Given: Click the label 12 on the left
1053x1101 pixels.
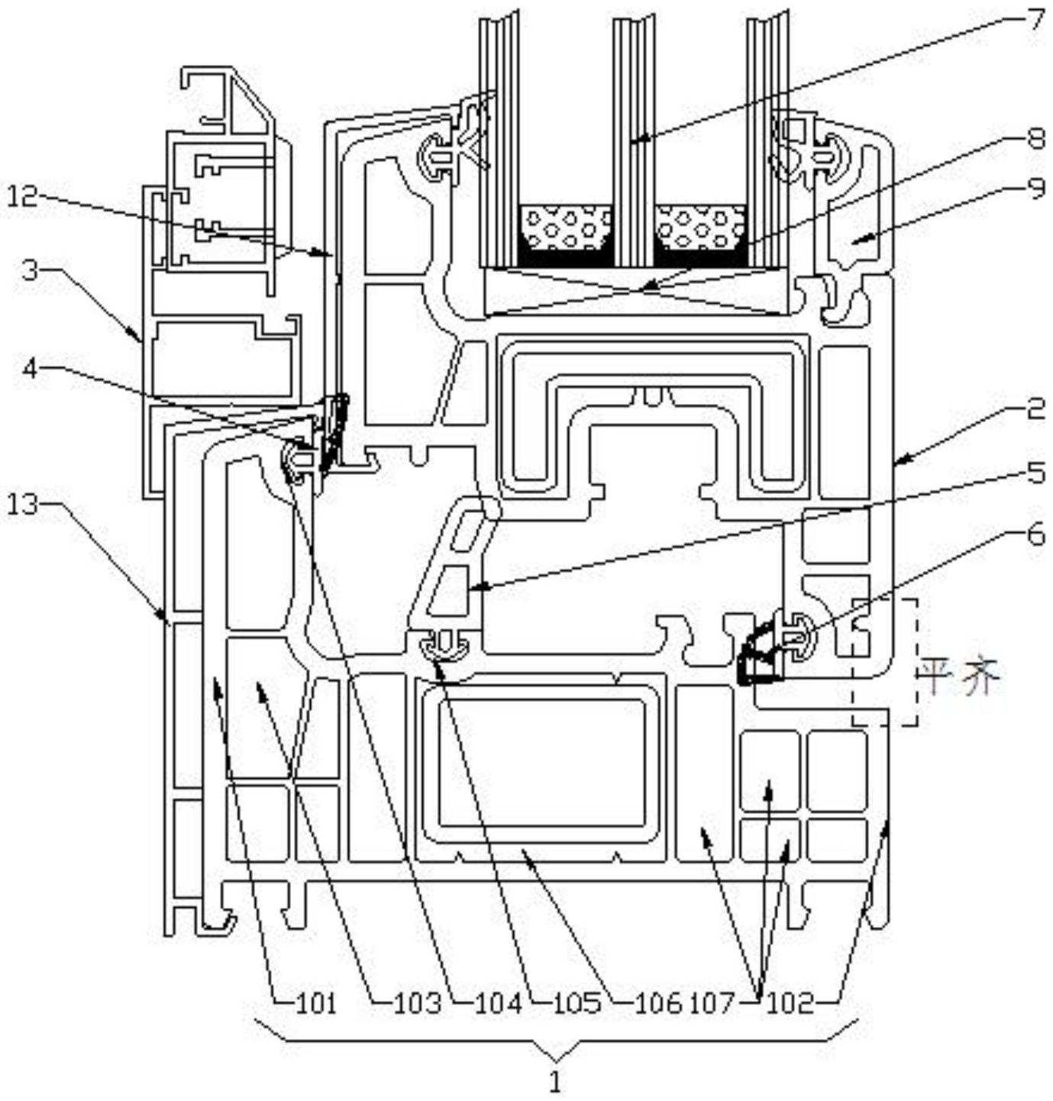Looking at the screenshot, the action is pyautogui.click(x=23, y=196).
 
